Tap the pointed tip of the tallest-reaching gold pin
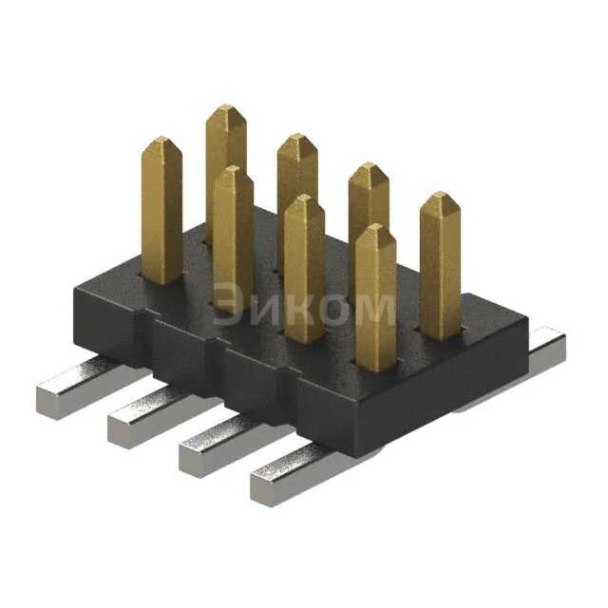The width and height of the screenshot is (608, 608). coord(226,110)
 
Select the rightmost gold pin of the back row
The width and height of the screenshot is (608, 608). coord(440,266)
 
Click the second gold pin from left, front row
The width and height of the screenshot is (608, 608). coord(233,237)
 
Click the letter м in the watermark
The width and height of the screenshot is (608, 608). coord(372,309)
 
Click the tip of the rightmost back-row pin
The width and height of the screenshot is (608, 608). coord(440,198)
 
